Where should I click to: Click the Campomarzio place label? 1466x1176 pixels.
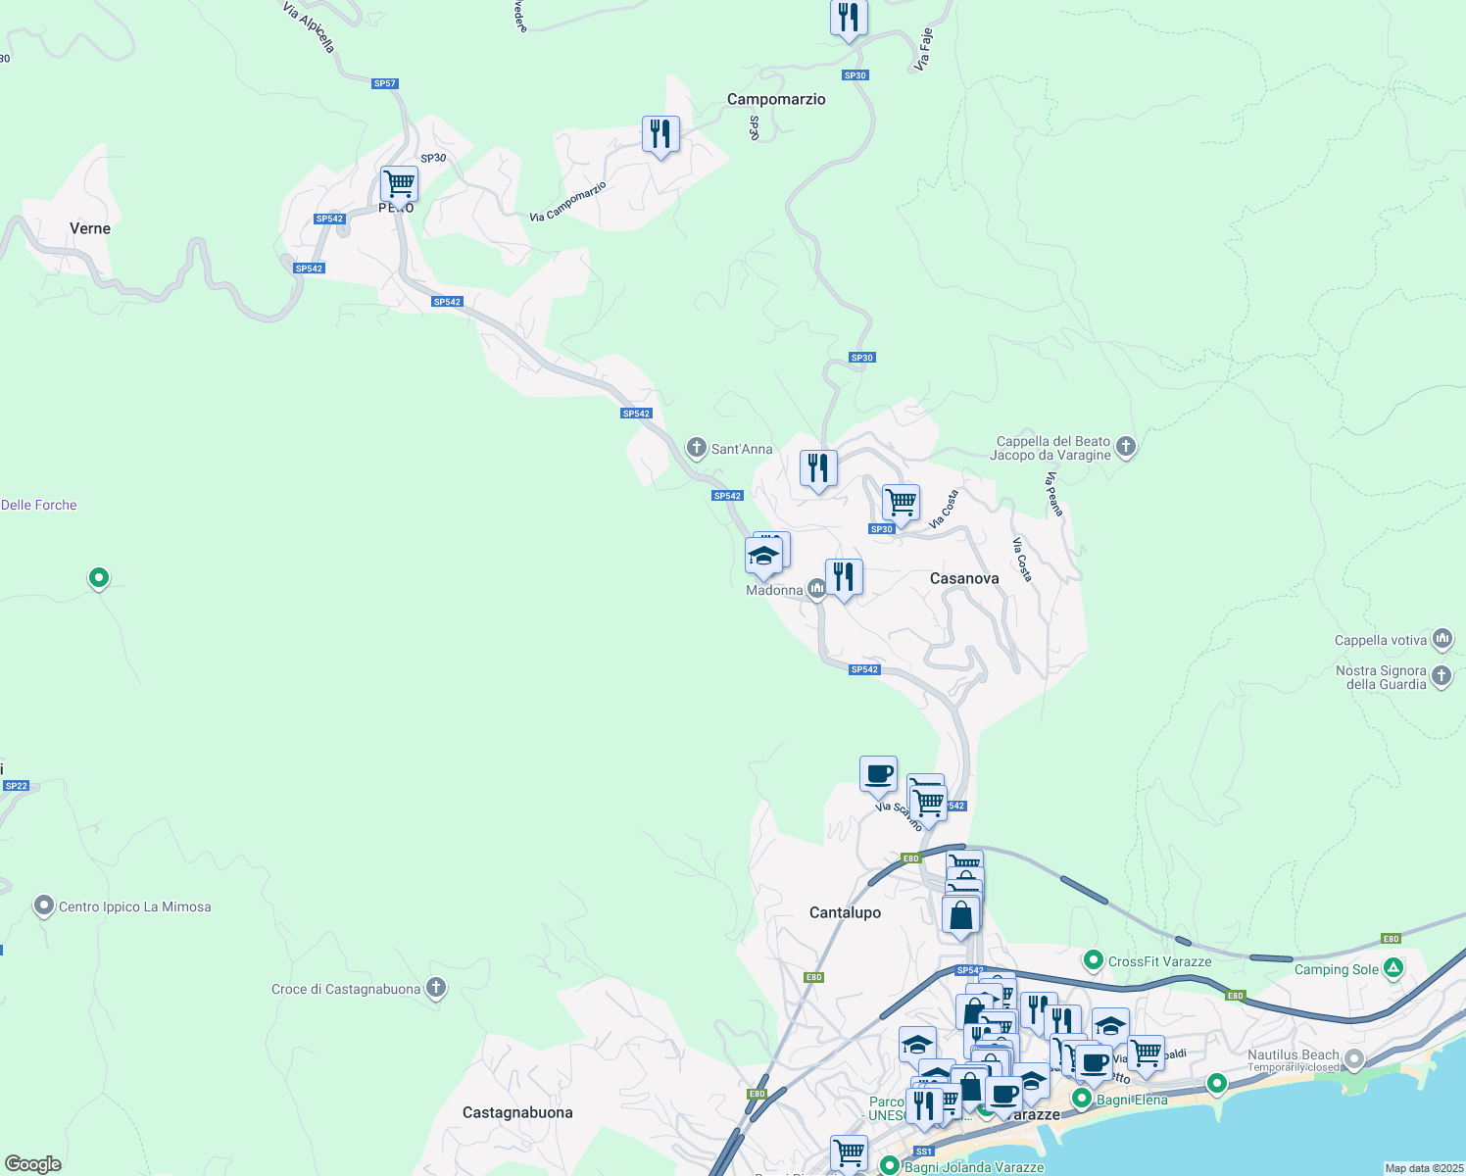776,99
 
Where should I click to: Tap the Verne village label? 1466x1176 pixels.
90,228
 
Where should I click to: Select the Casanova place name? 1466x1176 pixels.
964,578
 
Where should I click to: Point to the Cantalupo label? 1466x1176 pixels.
845,912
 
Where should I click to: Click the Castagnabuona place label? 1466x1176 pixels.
517,1112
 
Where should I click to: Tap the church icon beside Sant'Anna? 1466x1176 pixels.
697,449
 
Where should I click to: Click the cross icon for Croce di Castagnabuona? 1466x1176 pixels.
436,988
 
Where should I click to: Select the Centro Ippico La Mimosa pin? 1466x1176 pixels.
44,906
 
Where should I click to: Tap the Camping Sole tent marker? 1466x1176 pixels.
1393,968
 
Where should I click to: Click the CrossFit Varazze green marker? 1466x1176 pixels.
1094,960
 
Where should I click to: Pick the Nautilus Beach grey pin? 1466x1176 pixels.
1354,1058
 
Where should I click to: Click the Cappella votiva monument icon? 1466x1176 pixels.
1442,640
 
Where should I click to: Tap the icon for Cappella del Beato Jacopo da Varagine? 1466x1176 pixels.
1126,447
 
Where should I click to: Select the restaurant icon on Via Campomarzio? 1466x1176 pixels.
661,133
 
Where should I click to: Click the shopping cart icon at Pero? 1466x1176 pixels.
399,183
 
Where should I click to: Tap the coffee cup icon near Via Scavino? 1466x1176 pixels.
878,773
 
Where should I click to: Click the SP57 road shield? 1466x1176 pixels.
385,83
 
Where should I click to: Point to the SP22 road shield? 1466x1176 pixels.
17,786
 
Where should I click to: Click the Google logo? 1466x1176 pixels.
33,1164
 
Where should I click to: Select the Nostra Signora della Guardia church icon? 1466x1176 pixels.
1442,676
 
